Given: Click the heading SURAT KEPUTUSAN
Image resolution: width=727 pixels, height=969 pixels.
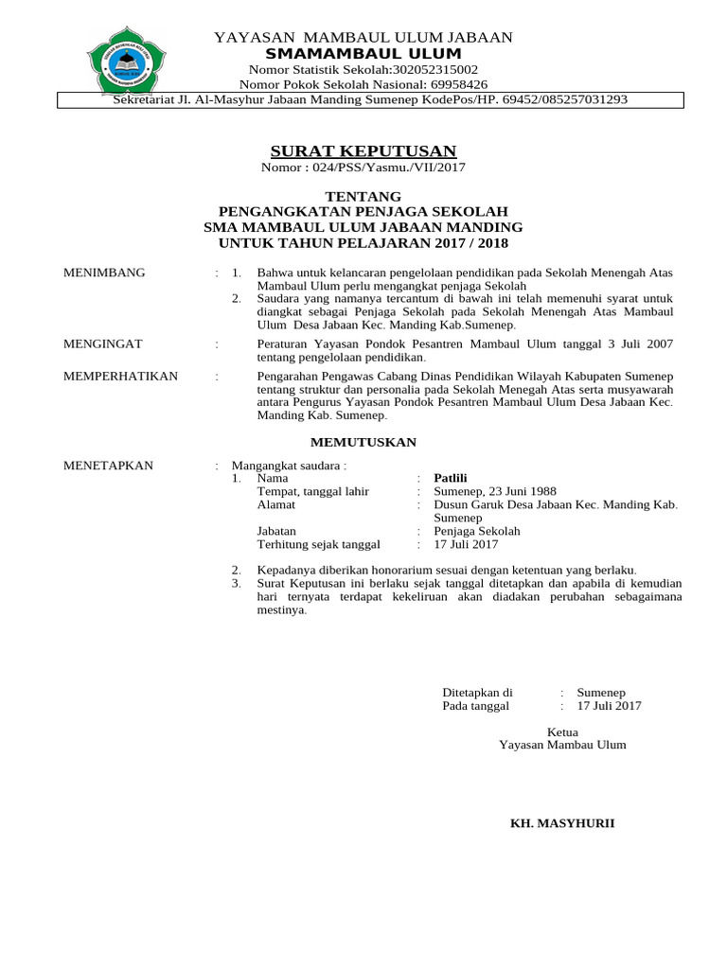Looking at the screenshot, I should click(x=363, y=151).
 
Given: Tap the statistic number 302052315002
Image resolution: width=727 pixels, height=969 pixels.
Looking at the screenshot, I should click(x=431, y=70).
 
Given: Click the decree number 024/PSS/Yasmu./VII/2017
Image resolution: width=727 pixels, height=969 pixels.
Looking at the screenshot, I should click(x=389, y=167).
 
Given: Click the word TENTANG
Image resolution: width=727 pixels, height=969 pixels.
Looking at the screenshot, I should click(x=363, y=196).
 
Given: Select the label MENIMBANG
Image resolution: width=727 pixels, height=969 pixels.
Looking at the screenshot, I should click(x=104, y=273).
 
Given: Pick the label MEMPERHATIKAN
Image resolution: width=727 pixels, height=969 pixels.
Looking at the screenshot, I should click(x=120, y=376).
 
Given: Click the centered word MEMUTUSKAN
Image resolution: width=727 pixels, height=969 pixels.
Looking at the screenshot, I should click(x=364, y=442).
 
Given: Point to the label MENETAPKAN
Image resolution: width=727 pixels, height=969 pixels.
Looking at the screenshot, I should click(x=108, y=466).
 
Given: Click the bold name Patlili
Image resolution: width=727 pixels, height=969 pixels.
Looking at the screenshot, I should click(x=451, y=478).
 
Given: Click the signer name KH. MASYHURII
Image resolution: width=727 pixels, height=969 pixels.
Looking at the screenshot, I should click(x=562, y=823).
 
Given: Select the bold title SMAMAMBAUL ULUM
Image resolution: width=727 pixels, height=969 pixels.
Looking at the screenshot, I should click(x=363, y=54).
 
